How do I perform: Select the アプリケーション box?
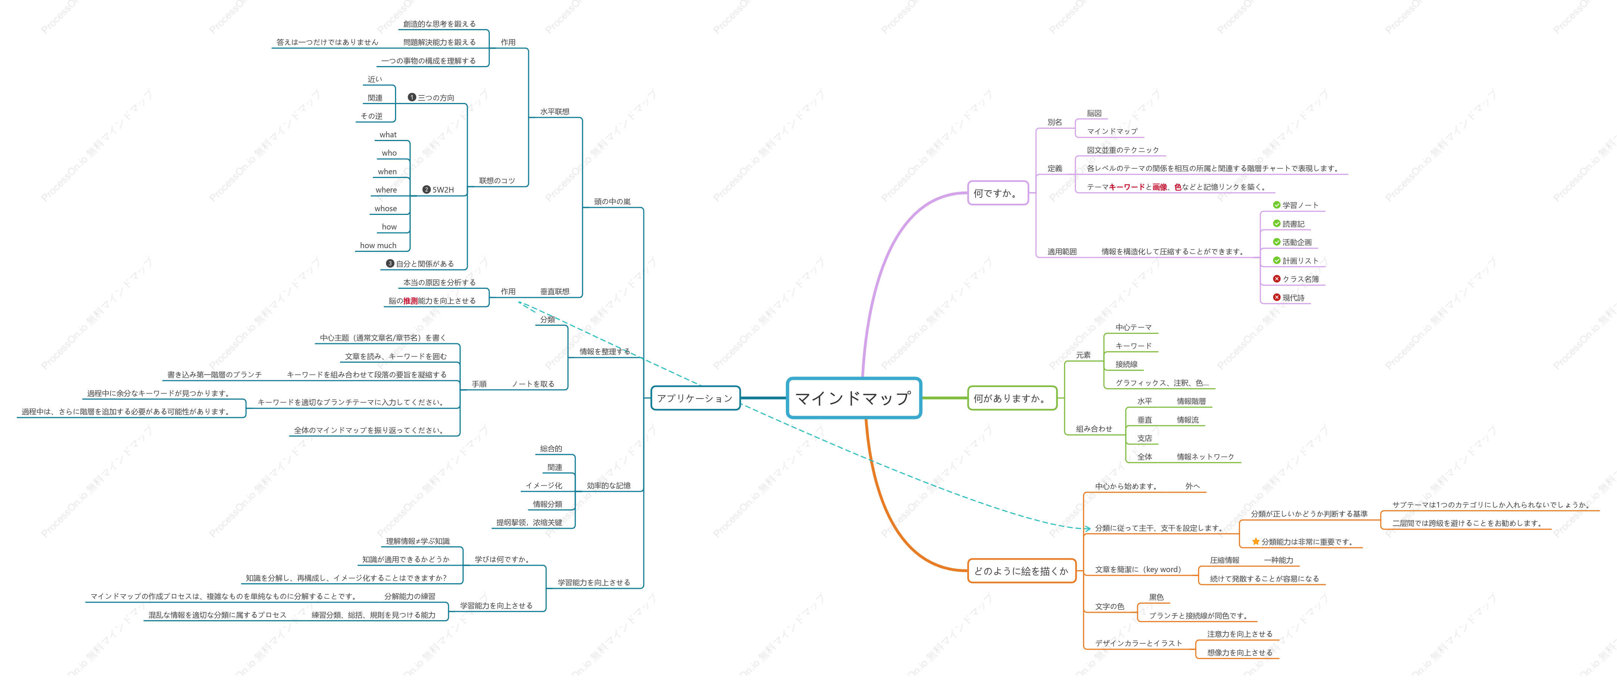tap(696, 398)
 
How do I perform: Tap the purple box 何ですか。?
tap(998, 193)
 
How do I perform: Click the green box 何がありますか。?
tap(1012, 398)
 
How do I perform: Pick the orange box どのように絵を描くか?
tap(1021, 571)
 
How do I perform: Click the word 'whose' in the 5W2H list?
tap(385, 208)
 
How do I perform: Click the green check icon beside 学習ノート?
tap(1276, 204)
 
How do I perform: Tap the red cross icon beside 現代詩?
tap(1276, 297)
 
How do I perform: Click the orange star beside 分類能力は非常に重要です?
tap(1256, 541)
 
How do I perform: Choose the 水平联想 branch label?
tap(555, 112)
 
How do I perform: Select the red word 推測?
tap(411, 301)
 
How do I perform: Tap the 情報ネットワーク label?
tap(1205, 456)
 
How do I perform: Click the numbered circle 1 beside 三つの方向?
tap(412, 97)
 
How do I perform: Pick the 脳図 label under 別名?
tap(1094, 113)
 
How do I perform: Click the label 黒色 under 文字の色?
tap(1156, 597)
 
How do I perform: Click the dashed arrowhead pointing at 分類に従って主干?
tap(1087, 528)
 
